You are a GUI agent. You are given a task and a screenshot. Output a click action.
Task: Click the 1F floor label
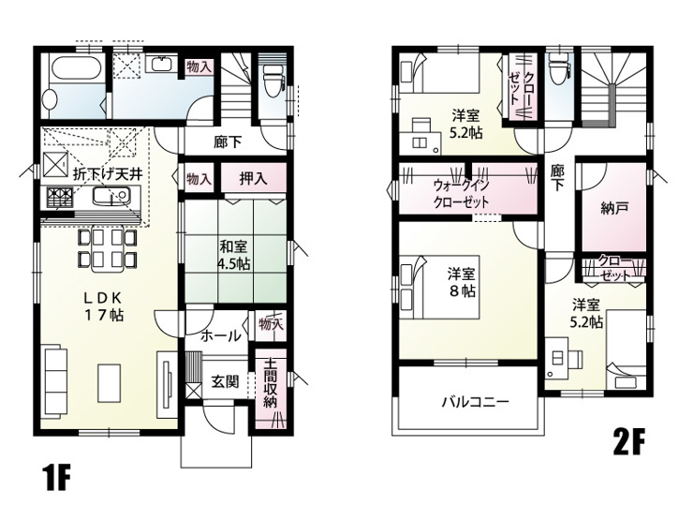tap(56, 478)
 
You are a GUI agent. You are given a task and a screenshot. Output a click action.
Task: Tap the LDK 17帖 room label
tap(104, 306)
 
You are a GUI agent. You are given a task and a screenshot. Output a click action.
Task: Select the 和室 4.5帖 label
tap(233, 255)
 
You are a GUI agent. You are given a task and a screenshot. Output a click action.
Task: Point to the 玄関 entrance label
tap(225, 381)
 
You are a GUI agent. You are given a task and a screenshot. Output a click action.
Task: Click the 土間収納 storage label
tap(270, 384)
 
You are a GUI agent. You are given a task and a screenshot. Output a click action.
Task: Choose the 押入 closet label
tap(253, 178)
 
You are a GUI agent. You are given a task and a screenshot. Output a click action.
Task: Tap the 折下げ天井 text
tap(108, 174)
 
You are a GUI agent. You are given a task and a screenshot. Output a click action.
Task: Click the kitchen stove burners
tap(59, 197)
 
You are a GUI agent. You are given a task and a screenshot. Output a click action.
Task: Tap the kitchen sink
tap(111, 196)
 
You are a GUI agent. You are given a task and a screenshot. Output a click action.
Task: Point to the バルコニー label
tap(476, 402)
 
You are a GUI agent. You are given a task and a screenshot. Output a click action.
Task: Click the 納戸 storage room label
tap(615, 208)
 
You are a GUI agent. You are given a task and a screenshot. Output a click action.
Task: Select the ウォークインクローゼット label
tap(461, 193)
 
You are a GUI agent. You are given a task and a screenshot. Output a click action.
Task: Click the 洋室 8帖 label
tap(462, 283)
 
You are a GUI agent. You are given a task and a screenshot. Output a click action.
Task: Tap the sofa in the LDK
tap(55, 383)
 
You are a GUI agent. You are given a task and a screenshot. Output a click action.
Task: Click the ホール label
tap(221, 337)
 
